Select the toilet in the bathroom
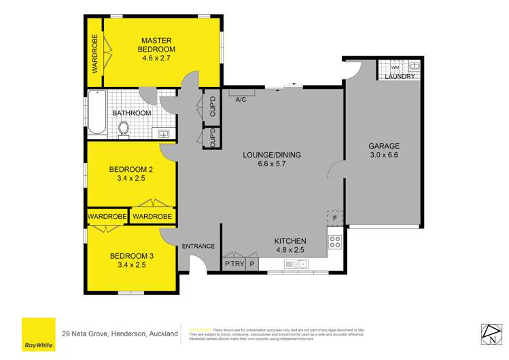click(124, 127)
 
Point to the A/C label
click(240, 100)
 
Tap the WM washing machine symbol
click(395, 67)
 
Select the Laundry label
click(399, 77)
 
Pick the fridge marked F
click(335, 219)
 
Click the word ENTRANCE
click(198, 246)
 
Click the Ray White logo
click(38, 334)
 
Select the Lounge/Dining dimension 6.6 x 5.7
click(272, 164)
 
